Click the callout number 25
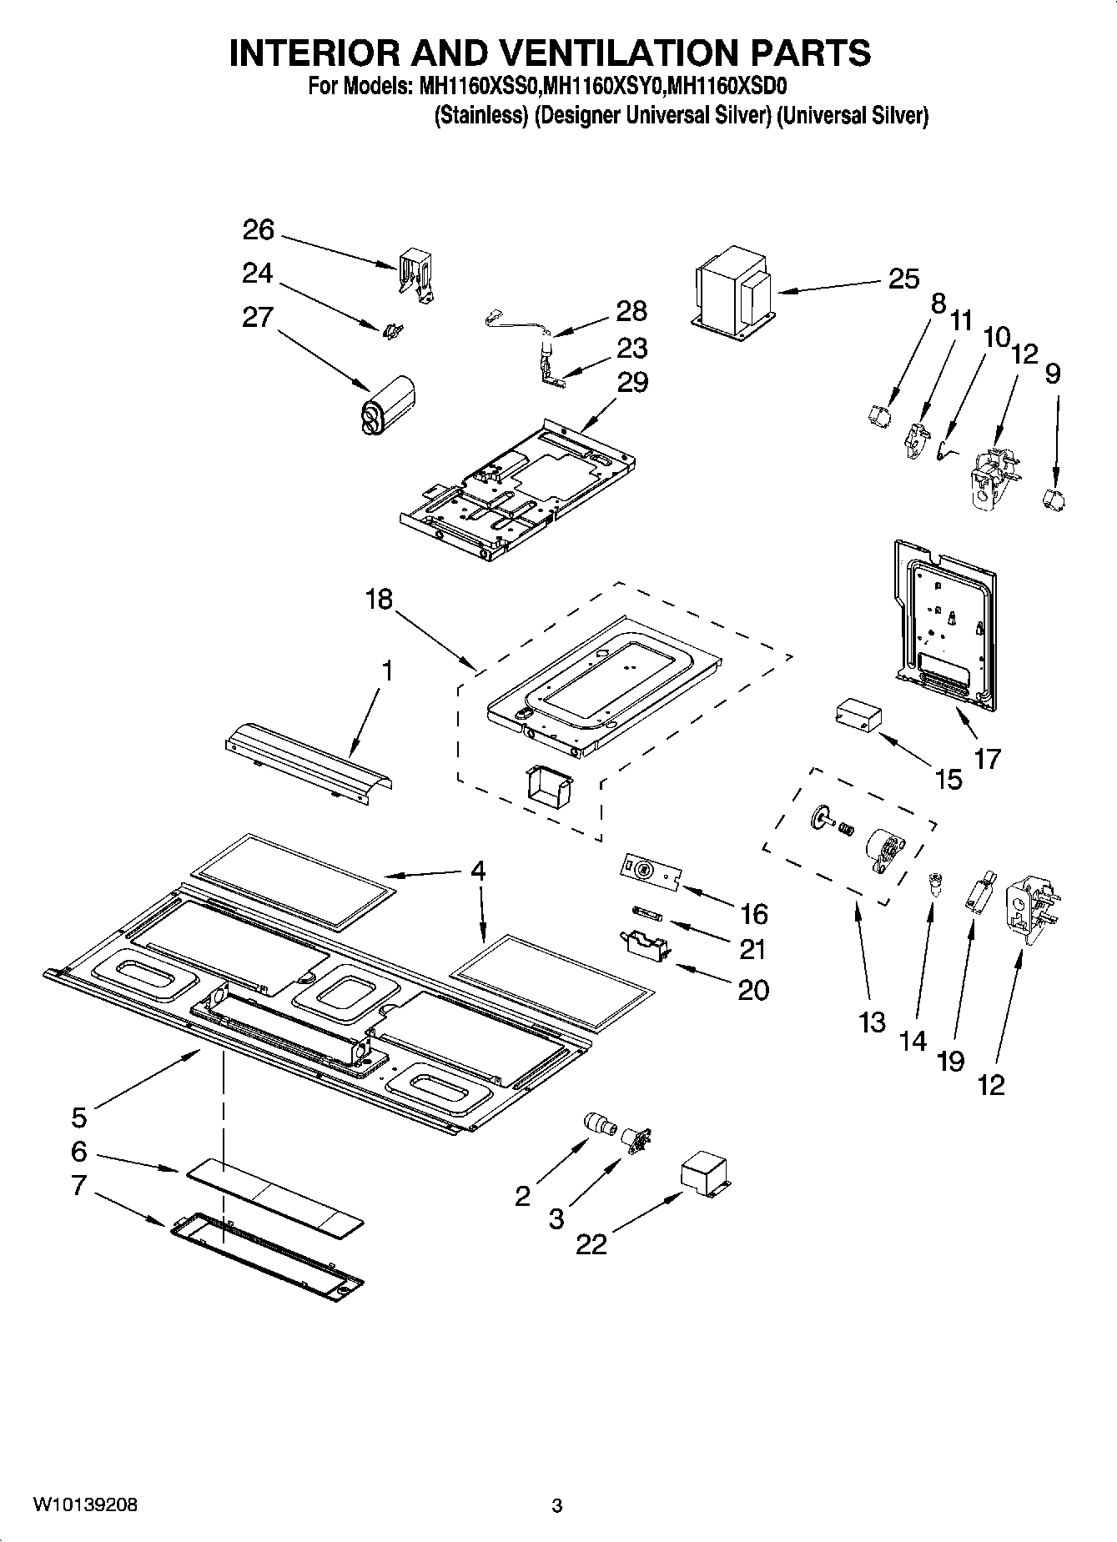pos(903,279)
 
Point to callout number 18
pos(378,599)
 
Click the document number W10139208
pos(85,1504)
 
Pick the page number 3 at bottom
pos(557,1505)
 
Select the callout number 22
pos(591,1243)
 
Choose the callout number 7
pos(78,1185)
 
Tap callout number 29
pos(632,382)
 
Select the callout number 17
pos(987,759)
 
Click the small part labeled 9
pos(1054,501)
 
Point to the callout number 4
pos(477,871)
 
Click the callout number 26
pos(258,229)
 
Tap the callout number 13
pos(872,1022)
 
